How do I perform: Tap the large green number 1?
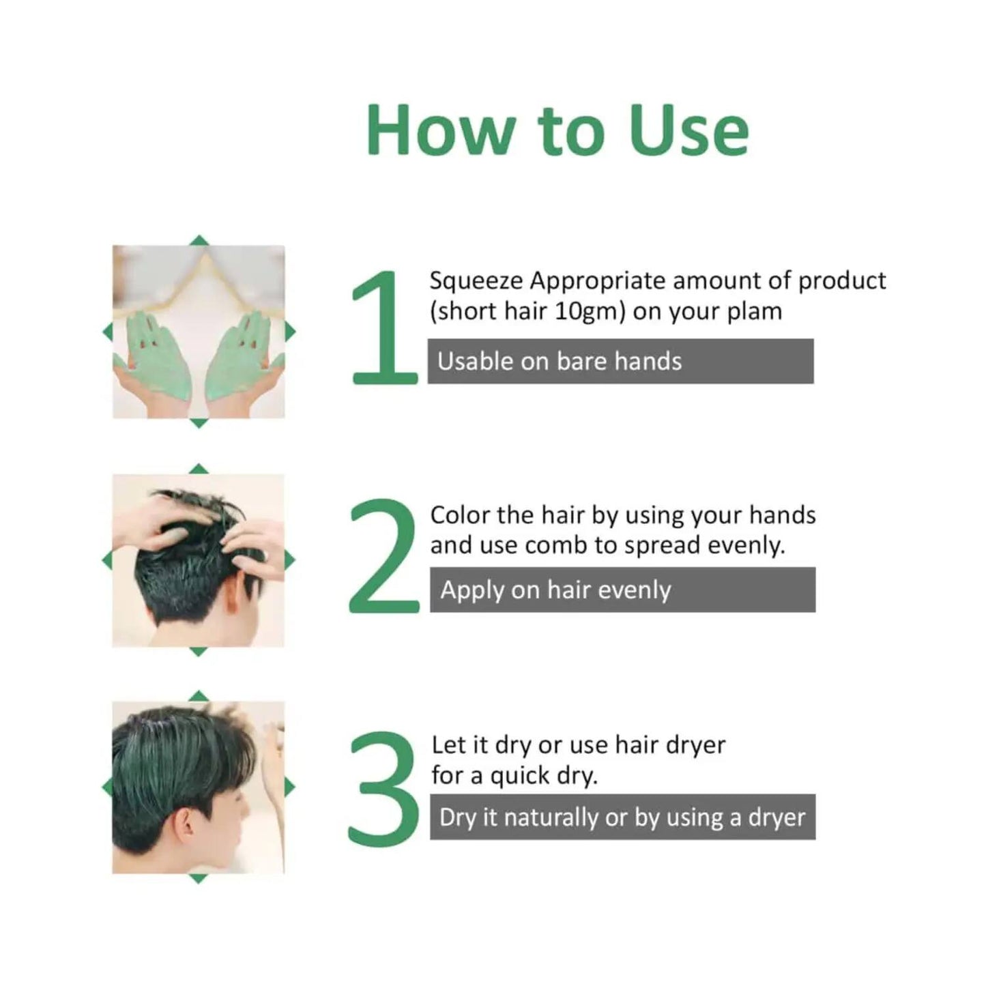[384, 328]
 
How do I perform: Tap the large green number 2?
[383, 556]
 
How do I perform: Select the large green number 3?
[383, 786]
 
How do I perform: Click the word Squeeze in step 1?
[476, 280]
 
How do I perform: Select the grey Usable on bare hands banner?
[620, 361]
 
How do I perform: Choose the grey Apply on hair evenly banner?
[622, 590]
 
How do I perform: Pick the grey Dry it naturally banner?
[622, 817]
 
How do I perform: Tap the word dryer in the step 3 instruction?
[695, 744]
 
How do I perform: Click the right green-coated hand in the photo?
[242, 355]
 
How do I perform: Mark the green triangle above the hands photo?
[199, 240]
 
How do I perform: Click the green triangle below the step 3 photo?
[198, 879]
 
